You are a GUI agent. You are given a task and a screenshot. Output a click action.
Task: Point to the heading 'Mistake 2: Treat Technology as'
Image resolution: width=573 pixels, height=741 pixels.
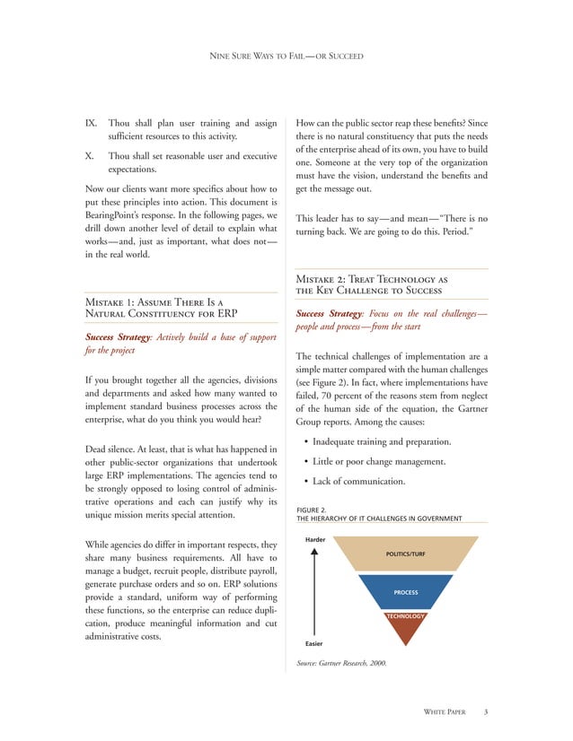(x=372, y=278)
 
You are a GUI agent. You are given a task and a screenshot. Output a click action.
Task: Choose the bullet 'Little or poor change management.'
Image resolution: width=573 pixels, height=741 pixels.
(x=387, y=461)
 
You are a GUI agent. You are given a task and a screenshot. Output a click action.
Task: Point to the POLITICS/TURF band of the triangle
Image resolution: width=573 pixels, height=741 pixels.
(x=400, y=554)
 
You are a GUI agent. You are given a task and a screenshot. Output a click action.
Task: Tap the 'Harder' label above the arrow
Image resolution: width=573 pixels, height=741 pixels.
(x=314, y=539)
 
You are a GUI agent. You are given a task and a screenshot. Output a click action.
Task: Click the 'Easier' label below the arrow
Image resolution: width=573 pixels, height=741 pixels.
(x=313, y=643)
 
